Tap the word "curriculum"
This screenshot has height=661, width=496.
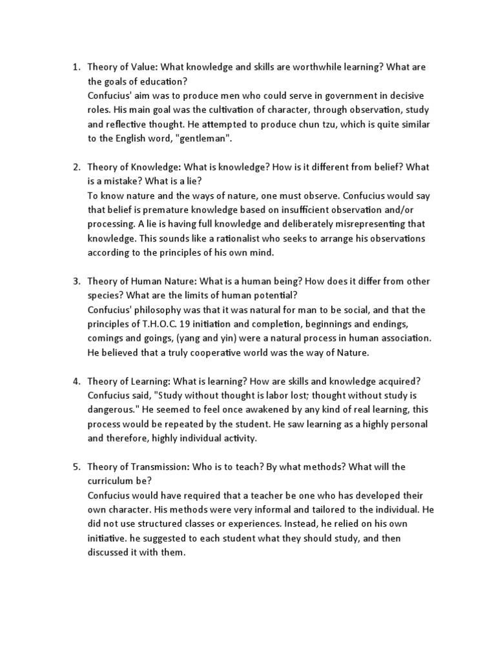click(x=113, y=480)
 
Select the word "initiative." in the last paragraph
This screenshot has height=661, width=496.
click(x=108, y=537)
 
